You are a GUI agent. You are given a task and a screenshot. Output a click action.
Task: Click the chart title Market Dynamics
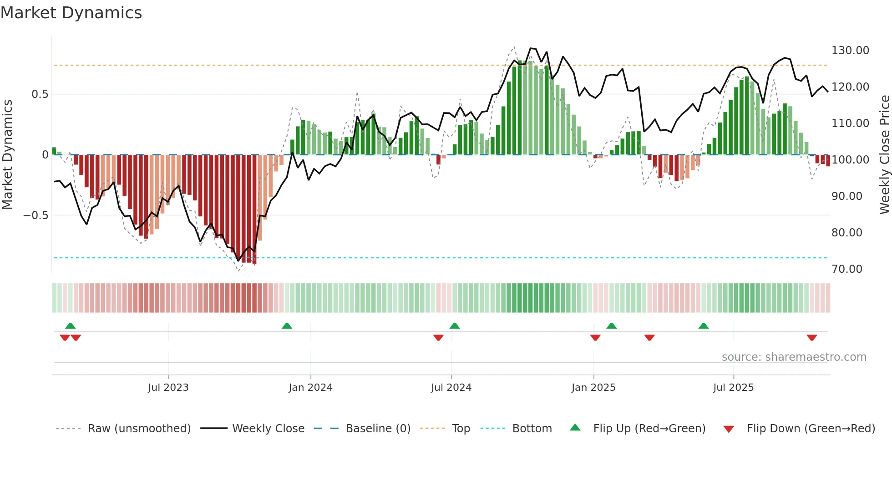pos(71,13)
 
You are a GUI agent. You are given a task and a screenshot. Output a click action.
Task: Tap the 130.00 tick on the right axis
pos(850,51)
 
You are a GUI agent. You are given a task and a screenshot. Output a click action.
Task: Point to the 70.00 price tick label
pos(846,269)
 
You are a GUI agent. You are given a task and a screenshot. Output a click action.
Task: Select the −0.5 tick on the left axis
pos(35,215)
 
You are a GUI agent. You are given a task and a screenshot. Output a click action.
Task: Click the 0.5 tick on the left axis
pos(40,94)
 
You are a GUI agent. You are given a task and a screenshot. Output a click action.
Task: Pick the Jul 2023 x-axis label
pos(168,388)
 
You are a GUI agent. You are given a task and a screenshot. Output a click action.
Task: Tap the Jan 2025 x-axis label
pos(593,388)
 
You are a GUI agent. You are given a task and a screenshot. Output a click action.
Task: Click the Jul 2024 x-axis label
pos(451,388)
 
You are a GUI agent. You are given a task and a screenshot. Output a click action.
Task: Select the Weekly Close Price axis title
pos(884,155)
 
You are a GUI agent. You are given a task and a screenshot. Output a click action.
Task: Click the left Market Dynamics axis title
pos(7,155)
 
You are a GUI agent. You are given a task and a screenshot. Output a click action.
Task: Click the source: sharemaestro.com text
pos(794,357)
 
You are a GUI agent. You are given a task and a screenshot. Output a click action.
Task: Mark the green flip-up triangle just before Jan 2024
pos(287,326)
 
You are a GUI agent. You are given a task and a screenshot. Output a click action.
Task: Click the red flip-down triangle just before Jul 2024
pos(438,338)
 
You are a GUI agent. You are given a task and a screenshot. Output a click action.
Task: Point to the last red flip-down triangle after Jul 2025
pos(812,338)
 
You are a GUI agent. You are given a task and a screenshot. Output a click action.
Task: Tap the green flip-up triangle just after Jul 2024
pos(455,326)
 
